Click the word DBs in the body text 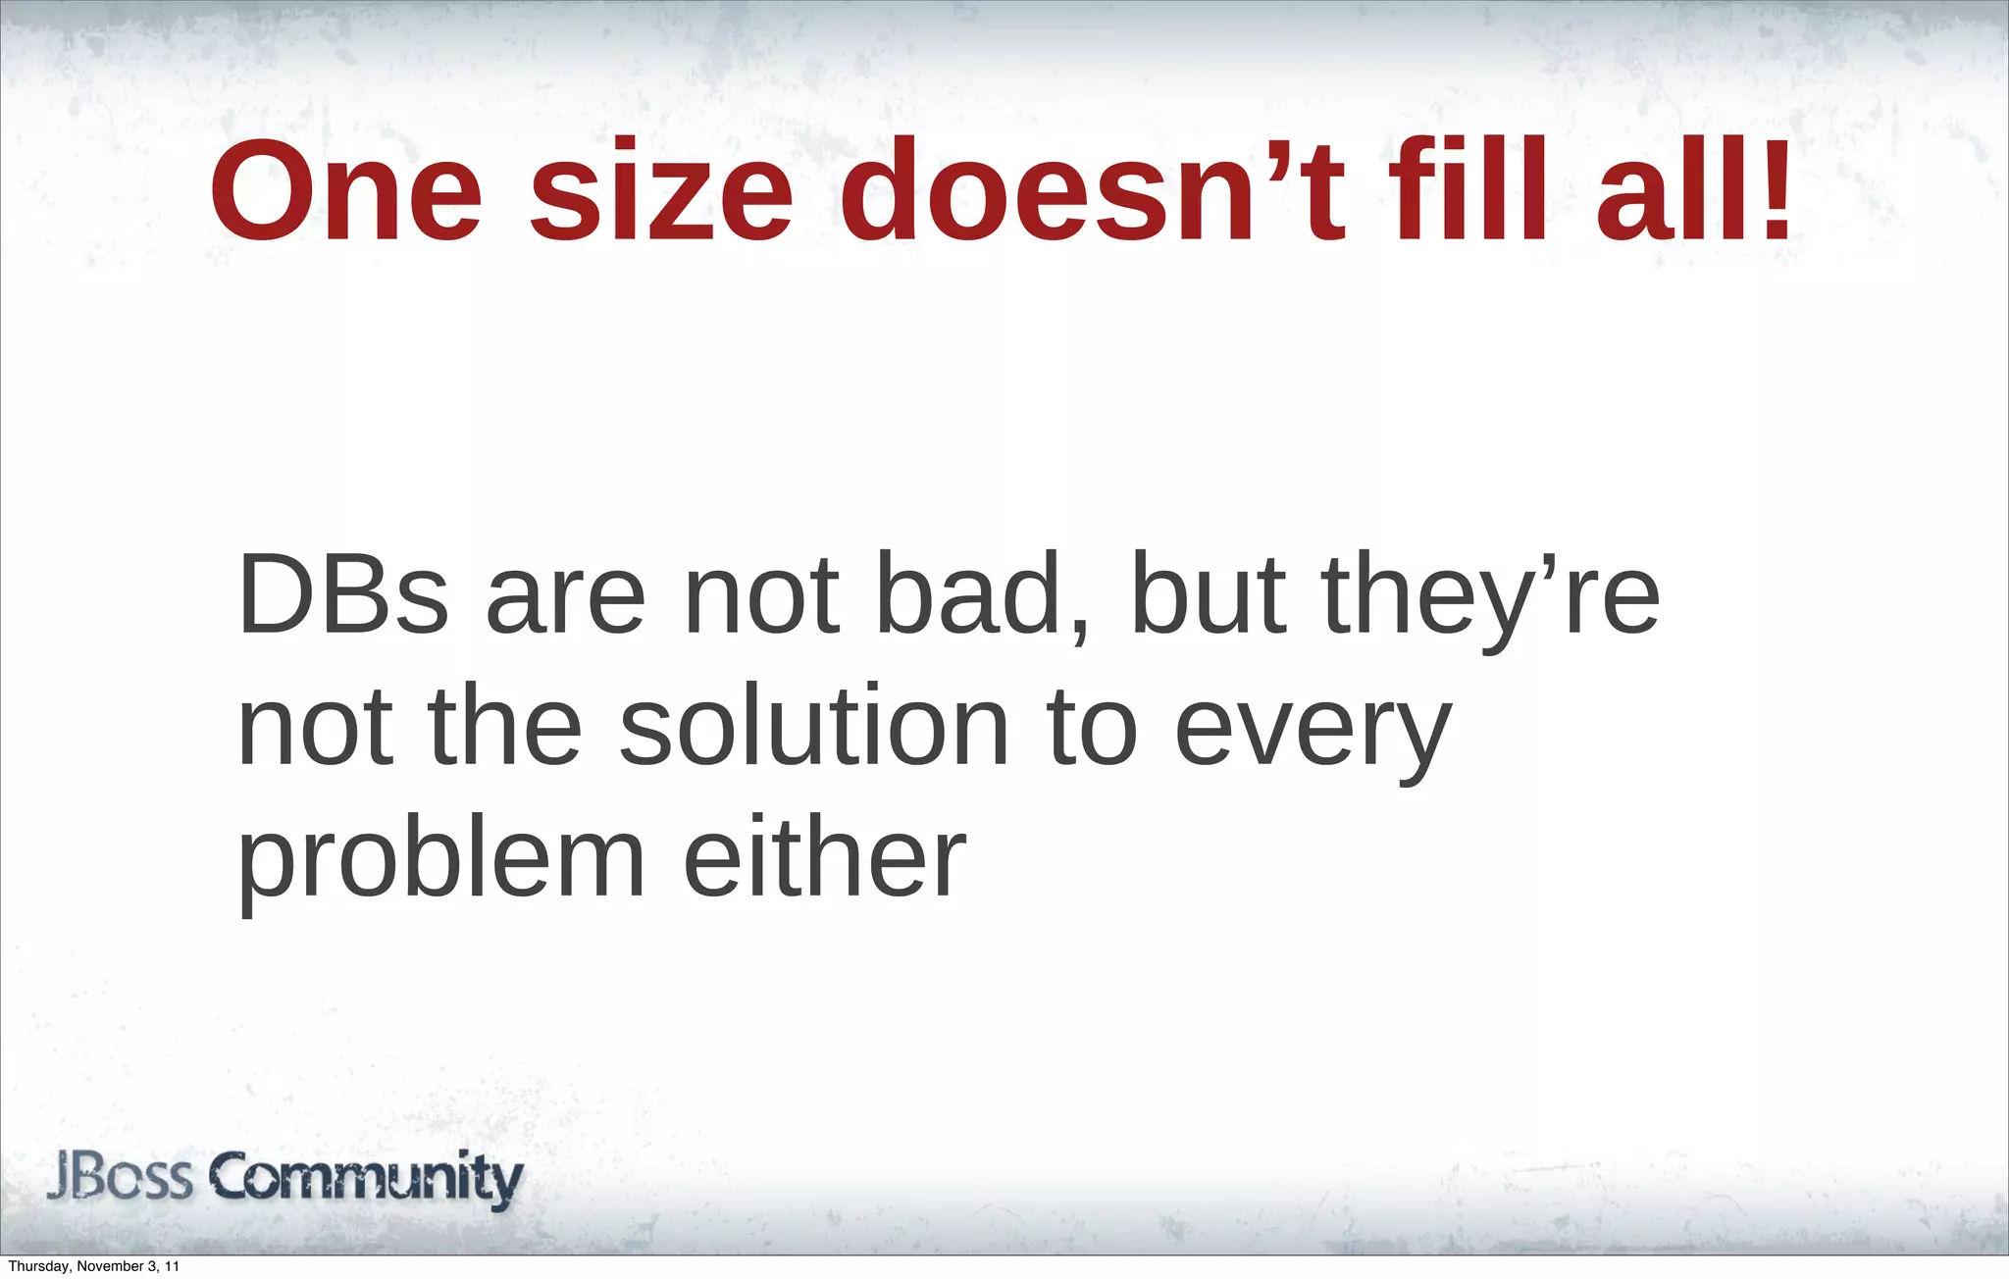[342, 595]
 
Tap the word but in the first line [1208, 595]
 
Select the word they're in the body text [1490, 595]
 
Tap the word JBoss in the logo [119, 1177]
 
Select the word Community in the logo [368, 1179]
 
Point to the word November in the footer [110, 1267]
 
